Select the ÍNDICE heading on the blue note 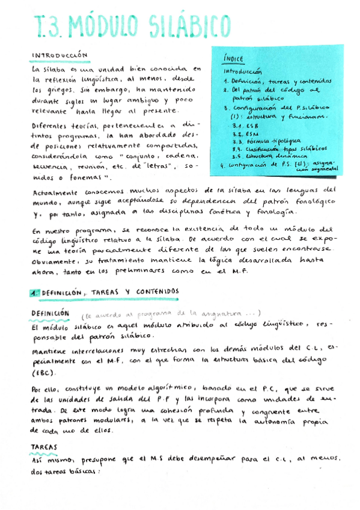click(x=233, y=59)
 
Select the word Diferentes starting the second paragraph click(x=52, y=126)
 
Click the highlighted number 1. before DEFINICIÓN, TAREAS click(x=35, y=292)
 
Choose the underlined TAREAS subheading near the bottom click(x=44, y=447)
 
